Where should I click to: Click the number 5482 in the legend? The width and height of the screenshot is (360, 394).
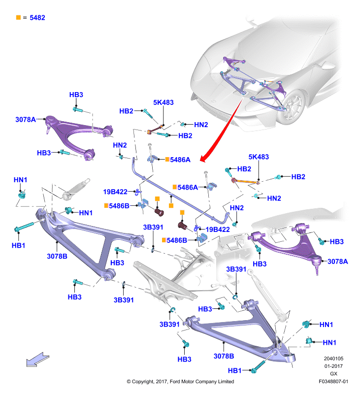[37, 18]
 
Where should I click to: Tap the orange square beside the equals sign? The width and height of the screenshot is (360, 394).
[18, 17]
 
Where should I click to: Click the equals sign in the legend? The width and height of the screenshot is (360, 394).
[25, 18]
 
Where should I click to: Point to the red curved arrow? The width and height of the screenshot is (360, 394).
[222, 131]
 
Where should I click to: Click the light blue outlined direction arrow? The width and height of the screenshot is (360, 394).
[38, 360]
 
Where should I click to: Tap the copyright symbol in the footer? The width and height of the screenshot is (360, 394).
[129, 382]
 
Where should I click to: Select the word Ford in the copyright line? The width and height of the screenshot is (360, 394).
[175, 381]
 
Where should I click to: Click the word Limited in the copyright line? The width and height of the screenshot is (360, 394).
[226, 381]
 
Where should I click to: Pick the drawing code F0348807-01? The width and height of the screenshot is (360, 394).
[333, 381]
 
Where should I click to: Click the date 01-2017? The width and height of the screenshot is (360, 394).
[333, 366]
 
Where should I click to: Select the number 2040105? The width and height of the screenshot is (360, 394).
[333, 359]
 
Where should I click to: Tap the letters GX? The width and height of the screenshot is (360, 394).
[333, 374]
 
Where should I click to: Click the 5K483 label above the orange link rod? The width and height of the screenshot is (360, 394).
[259, 157]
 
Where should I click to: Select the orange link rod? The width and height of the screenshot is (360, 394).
[246, 180]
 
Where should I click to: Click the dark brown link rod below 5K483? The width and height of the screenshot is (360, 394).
[155, 129]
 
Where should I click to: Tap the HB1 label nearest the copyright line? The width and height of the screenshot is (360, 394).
[234, 370]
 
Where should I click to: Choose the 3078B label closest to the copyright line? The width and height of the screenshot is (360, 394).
[224, 356]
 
